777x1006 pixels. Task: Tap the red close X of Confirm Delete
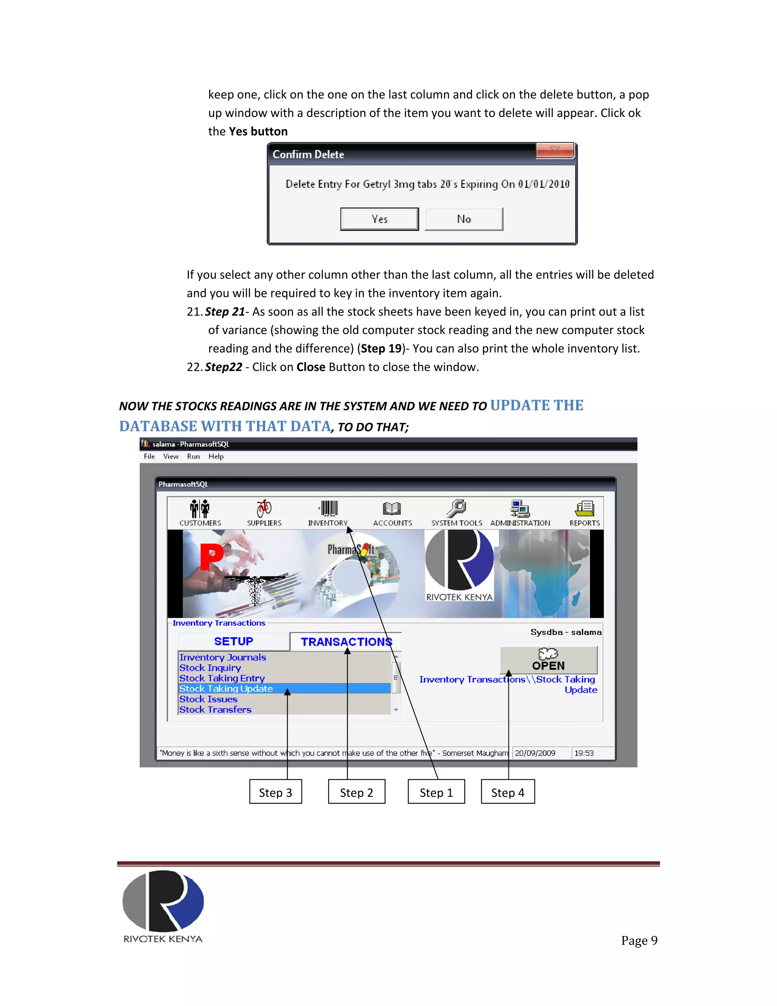(555, 150)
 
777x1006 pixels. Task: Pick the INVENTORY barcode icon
(328, 509)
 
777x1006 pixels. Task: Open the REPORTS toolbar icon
(584, 509)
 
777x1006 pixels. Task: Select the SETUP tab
(233, 641)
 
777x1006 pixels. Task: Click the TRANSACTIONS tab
(346, 642)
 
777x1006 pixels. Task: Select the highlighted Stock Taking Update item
(226, 689)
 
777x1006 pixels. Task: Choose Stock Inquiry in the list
(210, 668)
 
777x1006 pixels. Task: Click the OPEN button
(548, 660)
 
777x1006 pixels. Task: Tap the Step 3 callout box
(275, 792)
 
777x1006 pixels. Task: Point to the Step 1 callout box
(436, 792)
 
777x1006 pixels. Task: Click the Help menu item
(215, 456)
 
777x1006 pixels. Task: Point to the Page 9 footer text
(639, 941)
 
